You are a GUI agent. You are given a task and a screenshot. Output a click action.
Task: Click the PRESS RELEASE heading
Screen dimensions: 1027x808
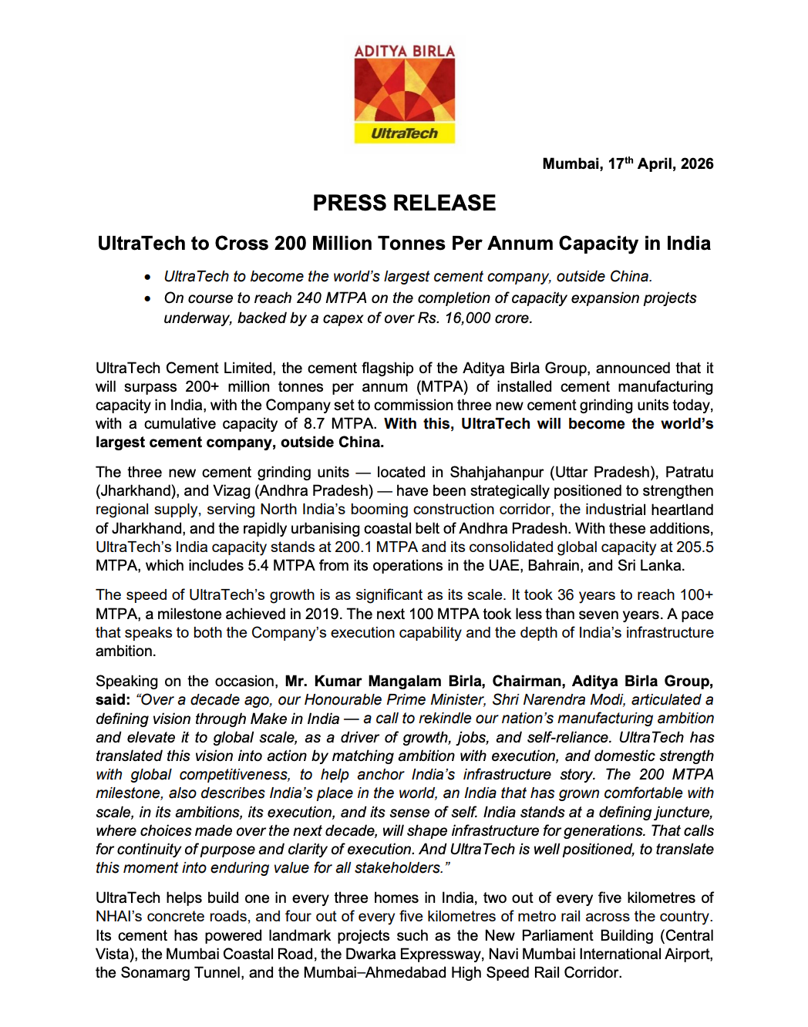click(404, 203)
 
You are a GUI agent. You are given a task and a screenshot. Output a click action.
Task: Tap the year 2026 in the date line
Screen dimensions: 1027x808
click(697, 163)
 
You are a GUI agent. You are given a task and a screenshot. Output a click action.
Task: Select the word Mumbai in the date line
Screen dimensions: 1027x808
click(571, 163)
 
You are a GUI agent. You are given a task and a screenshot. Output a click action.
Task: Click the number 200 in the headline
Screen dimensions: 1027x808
click(291, 244)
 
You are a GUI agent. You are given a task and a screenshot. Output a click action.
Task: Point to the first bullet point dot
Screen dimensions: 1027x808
click(147, 277)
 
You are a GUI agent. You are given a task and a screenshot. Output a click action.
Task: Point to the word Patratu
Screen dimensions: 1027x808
click(689, 472)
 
